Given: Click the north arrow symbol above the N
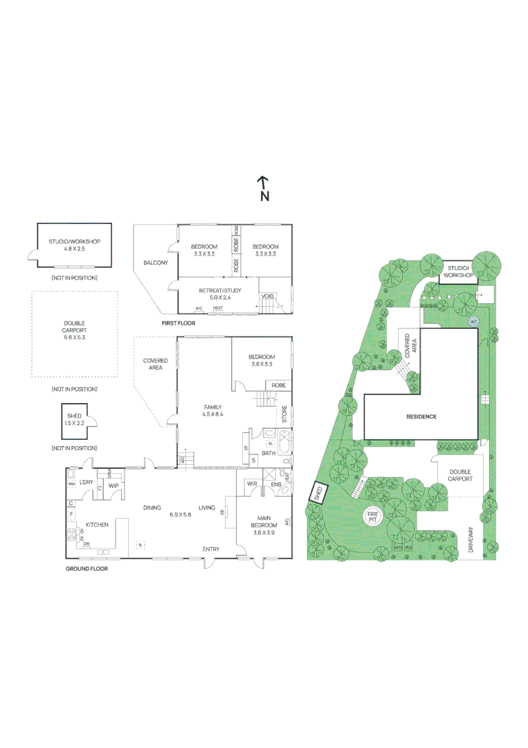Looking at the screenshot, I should pos(263,182).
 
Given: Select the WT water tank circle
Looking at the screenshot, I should pos(474,321).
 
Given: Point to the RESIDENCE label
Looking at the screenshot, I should pos(421,416).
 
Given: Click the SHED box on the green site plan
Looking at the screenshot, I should pos(318,492).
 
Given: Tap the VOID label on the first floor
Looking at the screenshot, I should pos(267,296).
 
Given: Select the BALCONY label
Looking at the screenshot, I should pos(156,262).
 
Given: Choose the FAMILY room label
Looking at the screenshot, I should pos(212,407).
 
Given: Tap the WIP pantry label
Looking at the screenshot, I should pos(113,486).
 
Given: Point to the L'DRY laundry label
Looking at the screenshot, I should pos(87,482).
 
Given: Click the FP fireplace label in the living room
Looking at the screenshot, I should pos(222,513).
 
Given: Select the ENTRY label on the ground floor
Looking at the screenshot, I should pos(211,549).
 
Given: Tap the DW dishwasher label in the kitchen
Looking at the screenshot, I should pos(87,544).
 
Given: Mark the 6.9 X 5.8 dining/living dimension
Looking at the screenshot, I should pos(181,515).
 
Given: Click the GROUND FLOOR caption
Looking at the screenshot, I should pos(87,568).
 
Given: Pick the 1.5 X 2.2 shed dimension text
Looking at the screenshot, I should pos(74,422).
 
